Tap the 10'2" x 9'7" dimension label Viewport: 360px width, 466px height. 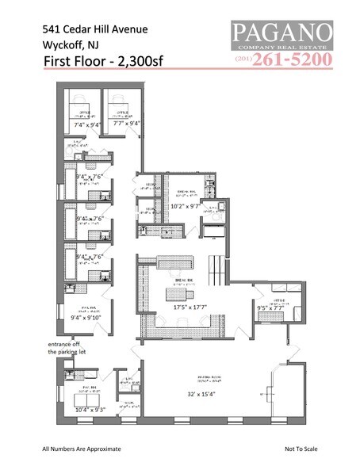[x=187, y=206]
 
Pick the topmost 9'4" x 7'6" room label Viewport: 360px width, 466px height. [x=88, y=177]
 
